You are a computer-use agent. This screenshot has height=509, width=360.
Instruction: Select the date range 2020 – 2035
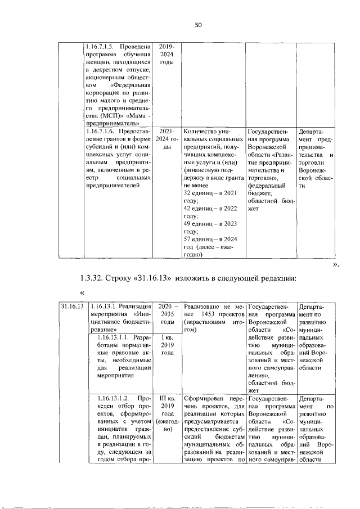click(166, 306)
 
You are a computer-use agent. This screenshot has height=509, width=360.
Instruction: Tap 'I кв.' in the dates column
click(166, 337)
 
